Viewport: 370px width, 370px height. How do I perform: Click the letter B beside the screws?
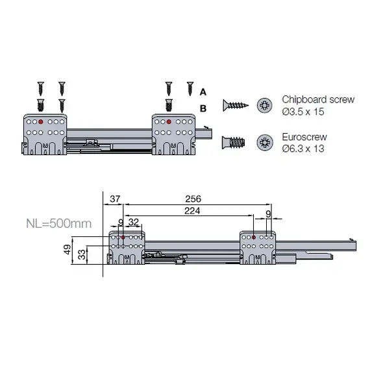203,108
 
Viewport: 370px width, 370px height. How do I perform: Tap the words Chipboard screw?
317,99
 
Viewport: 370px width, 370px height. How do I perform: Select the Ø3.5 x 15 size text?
303,112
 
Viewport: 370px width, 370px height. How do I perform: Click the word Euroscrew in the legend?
304,138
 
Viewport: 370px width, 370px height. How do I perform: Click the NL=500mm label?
58,224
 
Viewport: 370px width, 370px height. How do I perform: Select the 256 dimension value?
193,198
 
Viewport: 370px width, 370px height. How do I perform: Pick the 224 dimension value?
191,211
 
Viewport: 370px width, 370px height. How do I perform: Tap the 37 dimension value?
116,198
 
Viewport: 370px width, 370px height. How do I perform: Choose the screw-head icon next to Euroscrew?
265,142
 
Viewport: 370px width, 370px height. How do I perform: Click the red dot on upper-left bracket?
41,121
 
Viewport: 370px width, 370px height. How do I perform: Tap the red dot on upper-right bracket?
169,121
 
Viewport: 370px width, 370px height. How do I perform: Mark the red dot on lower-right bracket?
253,238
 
